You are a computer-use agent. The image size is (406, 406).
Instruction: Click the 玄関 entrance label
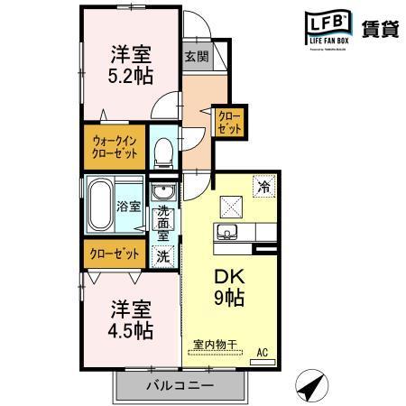[x=196, y=56]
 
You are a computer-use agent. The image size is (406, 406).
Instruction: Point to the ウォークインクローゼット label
[x=114, y=145]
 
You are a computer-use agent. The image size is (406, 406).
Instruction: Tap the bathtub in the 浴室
[x=100, y=206]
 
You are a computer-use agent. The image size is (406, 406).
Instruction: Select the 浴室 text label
[x=128, y=207]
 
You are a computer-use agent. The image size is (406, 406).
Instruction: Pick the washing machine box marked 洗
[x=163, y=255]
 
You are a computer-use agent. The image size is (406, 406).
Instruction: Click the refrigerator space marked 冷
[x=264, y=187]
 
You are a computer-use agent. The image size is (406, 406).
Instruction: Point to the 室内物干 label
[x=215, y=344]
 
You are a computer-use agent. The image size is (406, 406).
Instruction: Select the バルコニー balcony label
[x=180, y=386]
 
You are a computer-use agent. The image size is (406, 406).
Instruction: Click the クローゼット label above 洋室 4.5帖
[x=114, y=253]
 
